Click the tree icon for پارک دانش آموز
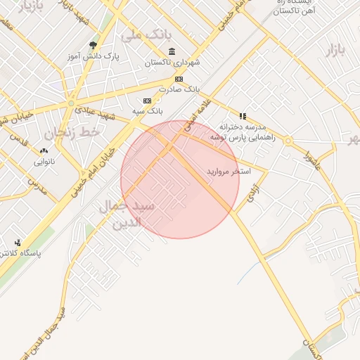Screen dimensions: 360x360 (93, 46)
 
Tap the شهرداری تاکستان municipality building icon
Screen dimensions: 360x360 (172, 51)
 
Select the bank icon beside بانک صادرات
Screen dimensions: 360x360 (179, 79)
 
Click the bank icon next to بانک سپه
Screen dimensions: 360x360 (147, 100)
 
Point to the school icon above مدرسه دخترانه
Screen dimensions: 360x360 (243, 116)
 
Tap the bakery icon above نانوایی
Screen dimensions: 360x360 (45, 150)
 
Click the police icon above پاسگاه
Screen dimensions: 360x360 (18, 243)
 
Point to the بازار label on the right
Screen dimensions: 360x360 (336, 49)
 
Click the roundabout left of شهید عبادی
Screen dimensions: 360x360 (70, 104)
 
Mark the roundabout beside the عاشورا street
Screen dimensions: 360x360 (288, 141)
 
